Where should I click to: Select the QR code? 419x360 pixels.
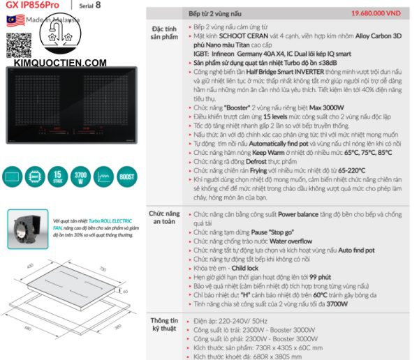click(15, 43)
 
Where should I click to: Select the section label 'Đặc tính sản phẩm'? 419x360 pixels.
click(164, 33)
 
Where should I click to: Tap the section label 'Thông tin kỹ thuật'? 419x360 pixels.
click(164, 326)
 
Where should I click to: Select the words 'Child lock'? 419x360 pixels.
click(244, 267)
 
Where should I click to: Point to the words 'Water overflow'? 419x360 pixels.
click(285, 240)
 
